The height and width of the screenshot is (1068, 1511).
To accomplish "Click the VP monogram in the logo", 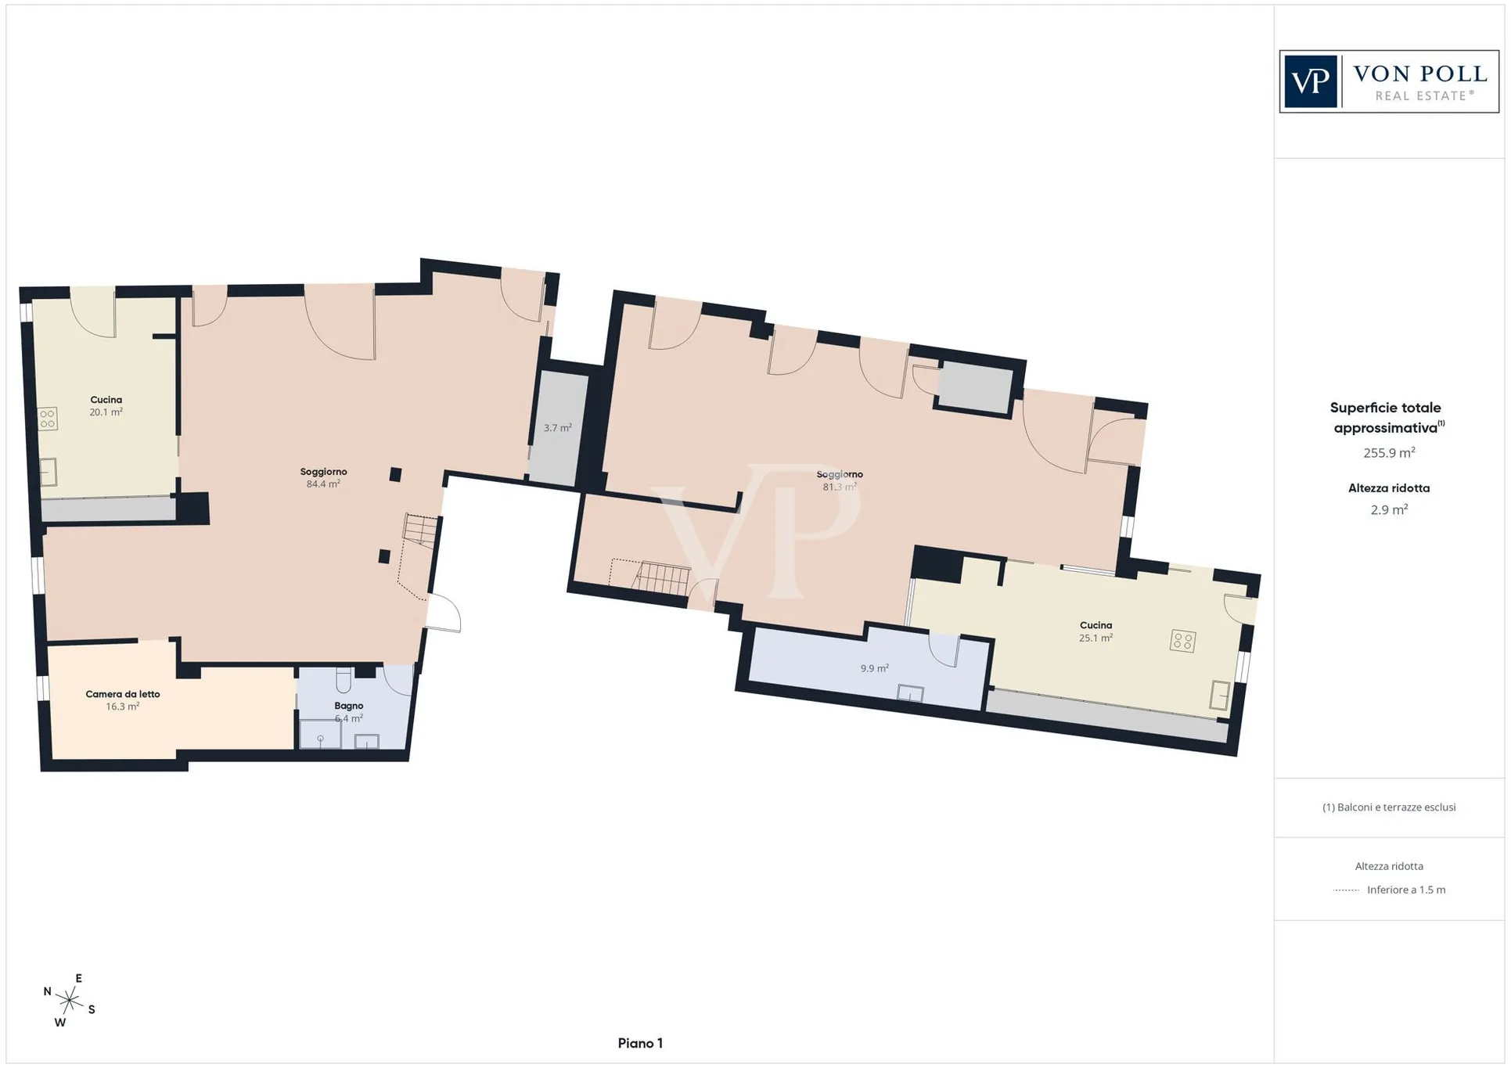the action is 1311,81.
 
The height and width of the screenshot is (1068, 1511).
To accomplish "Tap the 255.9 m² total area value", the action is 1389,452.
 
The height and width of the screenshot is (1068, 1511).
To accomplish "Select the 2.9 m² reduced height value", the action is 1389,509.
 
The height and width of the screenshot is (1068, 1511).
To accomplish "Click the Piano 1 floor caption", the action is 640,1043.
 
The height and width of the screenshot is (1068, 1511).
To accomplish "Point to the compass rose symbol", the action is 69,1000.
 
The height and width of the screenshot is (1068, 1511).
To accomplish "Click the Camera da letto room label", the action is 123,694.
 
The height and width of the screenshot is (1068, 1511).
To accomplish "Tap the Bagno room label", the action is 349,706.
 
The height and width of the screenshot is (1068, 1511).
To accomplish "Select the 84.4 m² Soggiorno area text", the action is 323,484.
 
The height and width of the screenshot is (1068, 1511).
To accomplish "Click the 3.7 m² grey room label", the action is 558,428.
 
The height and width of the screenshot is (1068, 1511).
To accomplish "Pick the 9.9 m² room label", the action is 874,668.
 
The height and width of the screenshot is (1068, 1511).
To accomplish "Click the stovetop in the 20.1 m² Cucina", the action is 48,419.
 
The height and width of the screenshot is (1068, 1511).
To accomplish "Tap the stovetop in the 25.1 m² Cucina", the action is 1182,642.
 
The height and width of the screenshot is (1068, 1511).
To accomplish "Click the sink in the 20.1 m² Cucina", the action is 49,472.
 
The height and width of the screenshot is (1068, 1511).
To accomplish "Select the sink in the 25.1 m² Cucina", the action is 1219,696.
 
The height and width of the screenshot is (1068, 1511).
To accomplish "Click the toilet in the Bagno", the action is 344,679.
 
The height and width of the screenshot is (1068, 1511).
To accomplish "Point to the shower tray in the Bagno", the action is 320,735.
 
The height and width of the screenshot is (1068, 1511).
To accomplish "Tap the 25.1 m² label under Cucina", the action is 1095,638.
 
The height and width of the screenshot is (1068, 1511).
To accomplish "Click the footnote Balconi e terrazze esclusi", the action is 1389,807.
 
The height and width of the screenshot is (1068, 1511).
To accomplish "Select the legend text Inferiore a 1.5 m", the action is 1406,890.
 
